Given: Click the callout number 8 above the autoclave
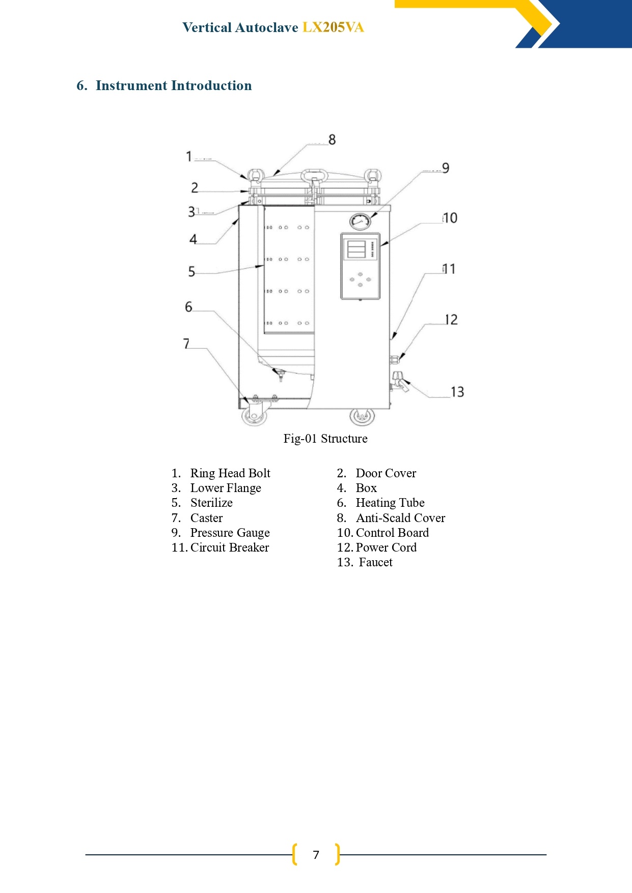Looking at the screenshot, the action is tap(332, 139).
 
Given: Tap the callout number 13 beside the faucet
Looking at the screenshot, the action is tap(457, 392).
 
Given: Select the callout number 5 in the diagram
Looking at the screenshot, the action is tap(191, 272).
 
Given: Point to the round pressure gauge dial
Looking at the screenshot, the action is tap(360, 221).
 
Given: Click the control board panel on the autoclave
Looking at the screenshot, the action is tap(360, 266).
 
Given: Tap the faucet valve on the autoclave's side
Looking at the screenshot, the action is tap(400, 381).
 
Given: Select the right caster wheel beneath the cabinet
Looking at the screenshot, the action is tap(362, 416).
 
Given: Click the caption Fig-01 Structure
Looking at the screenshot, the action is tap(325, 439).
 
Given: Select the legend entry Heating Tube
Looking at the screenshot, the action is tap(390, 503).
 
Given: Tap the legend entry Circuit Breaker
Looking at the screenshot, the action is tap(230, 548).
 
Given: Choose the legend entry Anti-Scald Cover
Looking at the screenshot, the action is tap(400, 518).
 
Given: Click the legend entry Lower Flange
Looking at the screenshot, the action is tap(226, 488).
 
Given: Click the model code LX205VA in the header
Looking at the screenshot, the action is tap(333, 27).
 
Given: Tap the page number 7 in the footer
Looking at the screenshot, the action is tap(316, 855).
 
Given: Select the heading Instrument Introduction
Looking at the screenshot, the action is tap(174, 85).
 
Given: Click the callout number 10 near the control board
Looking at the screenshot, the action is tap(450, 218).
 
